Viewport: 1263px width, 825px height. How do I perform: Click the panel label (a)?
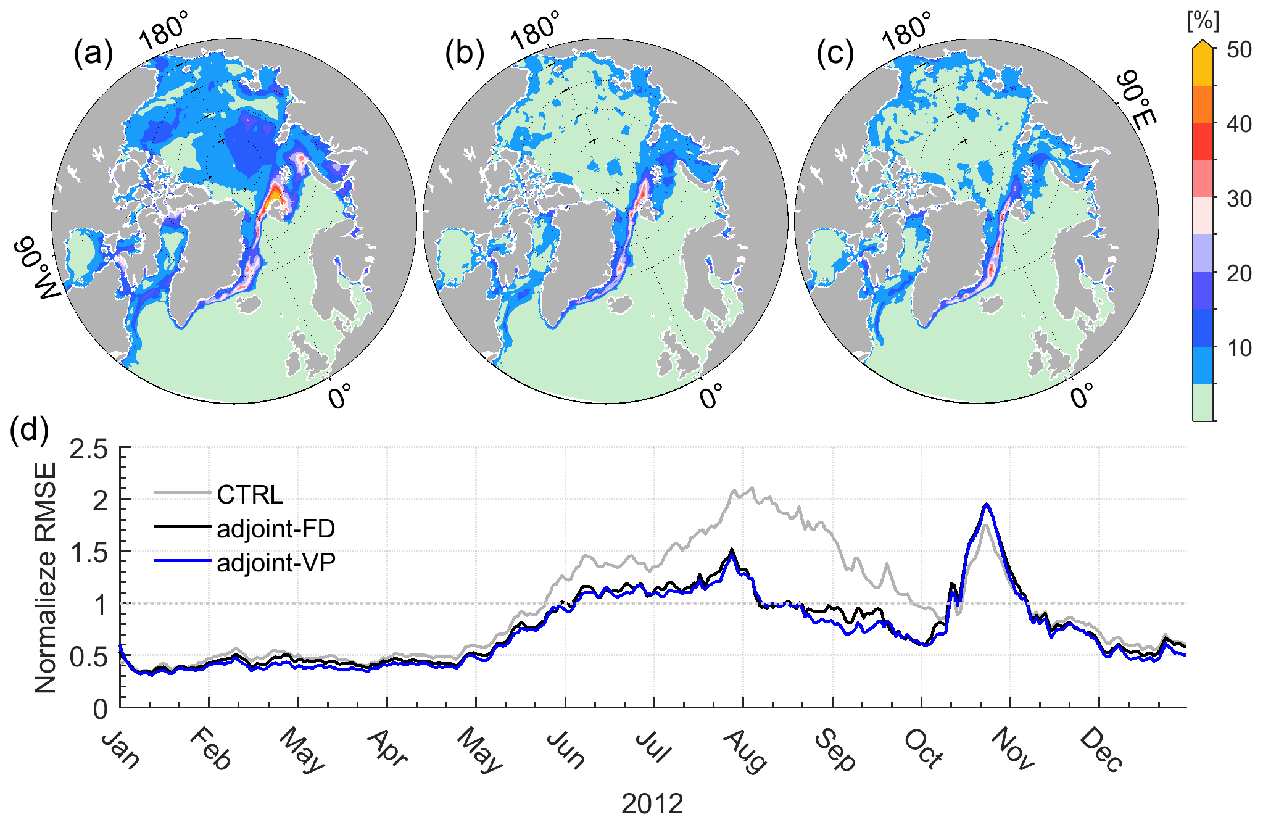point(93,54)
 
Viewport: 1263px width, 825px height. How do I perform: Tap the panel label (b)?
point(464,54)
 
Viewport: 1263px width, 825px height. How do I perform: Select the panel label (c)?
point(835,54)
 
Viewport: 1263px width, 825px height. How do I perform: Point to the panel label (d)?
point(30,430)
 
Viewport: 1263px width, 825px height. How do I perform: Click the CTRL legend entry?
point(250,495)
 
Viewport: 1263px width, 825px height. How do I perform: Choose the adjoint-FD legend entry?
point(276,529)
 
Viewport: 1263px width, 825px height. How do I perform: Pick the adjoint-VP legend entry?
point(276,563)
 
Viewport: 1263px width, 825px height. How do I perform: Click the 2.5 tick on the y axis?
point(88,449)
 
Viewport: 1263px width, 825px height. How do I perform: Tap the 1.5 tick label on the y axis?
point(88,553)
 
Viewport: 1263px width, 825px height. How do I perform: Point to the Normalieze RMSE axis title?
point(46,578)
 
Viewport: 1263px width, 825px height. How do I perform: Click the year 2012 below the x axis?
point(652,804)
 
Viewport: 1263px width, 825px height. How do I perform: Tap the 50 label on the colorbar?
point(1239,50)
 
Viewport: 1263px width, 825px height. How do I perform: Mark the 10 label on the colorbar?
point(1239,348)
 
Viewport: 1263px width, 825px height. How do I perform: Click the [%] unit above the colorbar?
point(1203,22)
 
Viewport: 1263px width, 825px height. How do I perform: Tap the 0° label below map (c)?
point(1082,395)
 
